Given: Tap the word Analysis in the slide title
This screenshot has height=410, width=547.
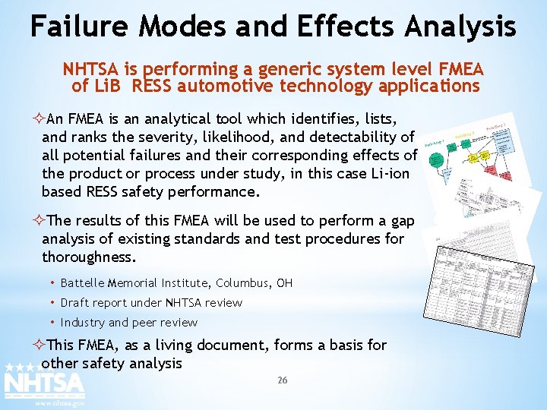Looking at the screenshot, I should tap(460, 27).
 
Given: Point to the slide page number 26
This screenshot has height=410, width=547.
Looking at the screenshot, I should tap(282, 380).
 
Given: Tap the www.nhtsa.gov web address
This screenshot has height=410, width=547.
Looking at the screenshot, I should tap(60, 403).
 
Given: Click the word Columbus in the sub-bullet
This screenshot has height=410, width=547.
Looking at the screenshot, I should tap(241, 283).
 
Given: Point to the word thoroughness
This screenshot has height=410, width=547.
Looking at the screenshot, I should tap(88, 257).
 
